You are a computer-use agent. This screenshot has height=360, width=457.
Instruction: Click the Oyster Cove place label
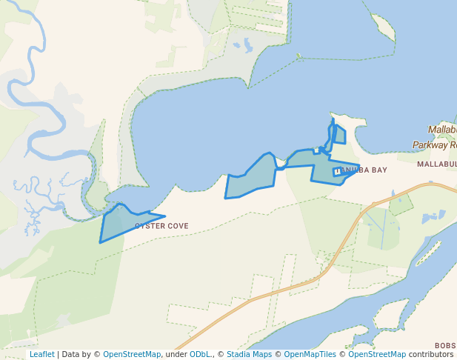[x=161, y=226]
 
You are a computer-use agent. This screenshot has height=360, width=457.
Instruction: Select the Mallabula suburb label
[x=436, y=164]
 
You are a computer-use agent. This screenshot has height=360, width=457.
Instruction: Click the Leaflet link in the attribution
[x=41, y=354]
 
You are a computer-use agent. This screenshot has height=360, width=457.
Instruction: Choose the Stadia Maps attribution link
[x=251, y=354]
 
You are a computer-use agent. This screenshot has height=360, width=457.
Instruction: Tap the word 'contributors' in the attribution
[x=430, y=354]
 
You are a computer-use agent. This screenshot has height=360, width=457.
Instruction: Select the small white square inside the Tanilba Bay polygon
[x=337, y=172]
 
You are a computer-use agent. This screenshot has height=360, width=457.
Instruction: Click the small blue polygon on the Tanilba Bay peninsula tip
[x=339, y=135]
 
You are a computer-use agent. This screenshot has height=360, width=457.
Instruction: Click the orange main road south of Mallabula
[x=348, y=237]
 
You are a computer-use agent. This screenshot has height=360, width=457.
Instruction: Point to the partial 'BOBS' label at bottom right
[x=445, y=346]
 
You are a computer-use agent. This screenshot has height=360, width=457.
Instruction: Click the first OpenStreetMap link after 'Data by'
[x=132, y=354]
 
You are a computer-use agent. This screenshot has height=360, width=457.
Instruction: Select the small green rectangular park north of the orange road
[x=401, y=204]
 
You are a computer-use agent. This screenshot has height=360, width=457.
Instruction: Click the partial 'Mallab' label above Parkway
[x=442, y=130]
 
